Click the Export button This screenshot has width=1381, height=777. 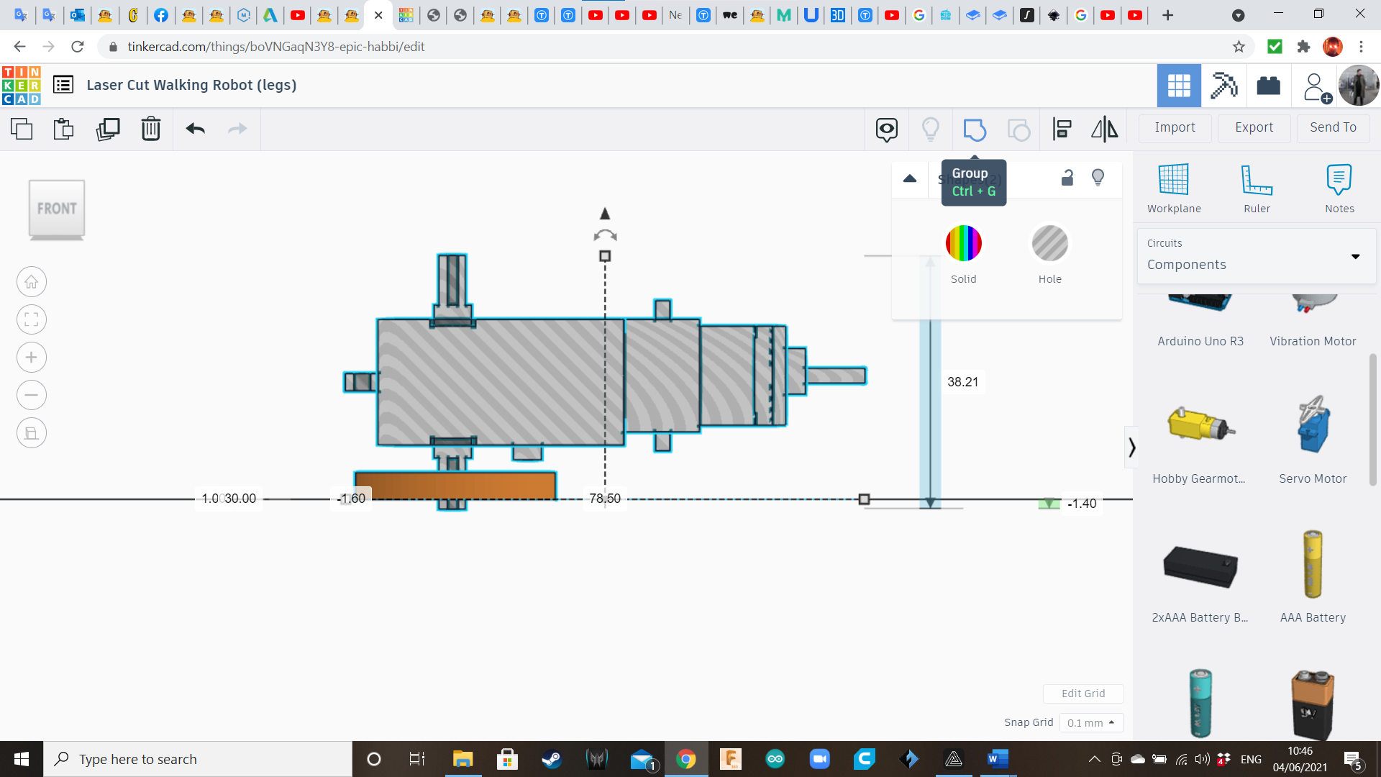coord(1254,127)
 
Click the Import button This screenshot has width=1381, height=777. coord(1175,127)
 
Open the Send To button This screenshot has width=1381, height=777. coord(1333,127)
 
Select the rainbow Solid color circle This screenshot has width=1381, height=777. coord(963,243)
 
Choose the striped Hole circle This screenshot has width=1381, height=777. coord(1049,243)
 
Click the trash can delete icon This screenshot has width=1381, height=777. coord(151,129)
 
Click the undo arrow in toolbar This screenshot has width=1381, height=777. coord(196,129)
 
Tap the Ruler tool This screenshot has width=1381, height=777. coord(1257,188)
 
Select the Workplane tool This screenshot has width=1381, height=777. coord(1174,188)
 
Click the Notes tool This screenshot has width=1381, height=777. coord(1339,188)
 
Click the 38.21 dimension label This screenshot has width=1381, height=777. coord(962,382)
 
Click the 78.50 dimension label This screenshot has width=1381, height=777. coord(604,499)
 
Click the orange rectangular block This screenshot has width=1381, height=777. coord(455,484)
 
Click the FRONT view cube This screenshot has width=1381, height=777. coord(57,209)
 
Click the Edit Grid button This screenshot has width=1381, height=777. coord(1083,694)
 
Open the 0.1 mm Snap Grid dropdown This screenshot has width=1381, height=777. coord(1090,722)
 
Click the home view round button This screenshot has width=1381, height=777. coord(32,282)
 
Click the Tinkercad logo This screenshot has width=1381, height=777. coord(22,86)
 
